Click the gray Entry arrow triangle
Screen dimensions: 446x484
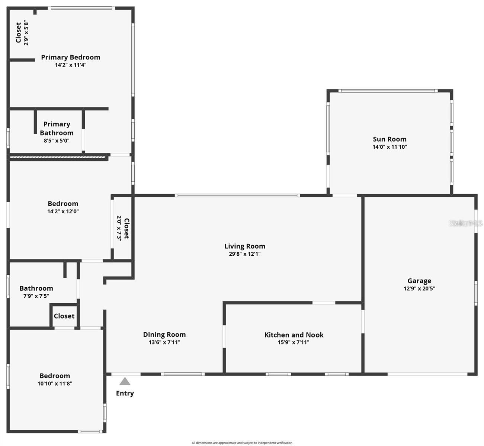(125, 381)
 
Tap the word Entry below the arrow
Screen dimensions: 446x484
(125, 393)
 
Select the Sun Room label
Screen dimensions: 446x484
(390, 139)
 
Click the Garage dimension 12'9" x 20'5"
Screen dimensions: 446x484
(419, 288)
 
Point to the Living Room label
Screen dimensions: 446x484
(245, 246)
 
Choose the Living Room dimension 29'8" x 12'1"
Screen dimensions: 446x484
(245, 254)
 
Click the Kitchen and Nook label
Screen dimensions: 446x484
(294, 334)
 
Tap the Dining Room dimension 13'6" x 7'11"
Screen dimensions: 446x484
(164, 342)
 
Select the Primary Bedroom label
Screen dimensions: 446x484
(71, 57)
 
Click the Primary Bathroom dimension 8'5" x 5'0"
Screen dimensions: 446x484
(57, 141)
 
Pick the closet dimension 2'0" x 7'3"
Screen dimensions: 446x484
(119, 228)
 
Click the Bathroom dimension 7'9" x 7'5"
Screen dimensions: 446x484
(36, 296)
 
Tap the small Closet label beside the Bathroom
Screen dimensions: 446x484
(64, 316)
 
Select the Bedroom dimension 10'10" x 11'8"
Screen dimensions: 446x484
(55, 384)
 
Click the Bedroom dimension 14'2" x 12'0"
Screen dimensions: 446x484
(63, 211)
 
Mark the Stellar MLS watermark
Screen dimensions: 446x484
(465, 223)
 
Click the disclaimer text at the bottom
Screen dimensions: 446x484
(242, 443)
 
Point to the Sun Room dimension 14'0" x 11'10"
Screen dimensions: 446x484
(390, 147)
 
